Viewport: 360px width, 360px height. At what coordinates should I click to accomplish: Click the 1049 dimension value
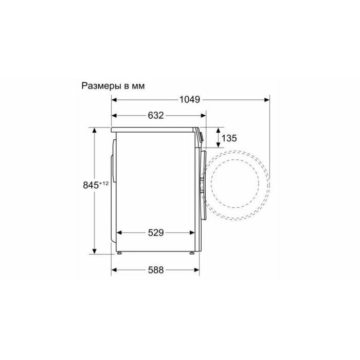pyautogui.click(x=190, y=100)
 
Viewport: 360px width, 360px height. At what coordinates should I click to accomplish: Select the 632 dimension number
pyautogui.click(x=156, y=115)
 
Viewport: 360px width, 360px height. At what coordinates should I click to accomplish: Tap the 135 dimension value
pyautogui.click(x=229, y=138)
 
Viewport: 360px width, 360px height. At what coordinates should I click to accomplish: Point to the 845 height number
pyautogui.click(x=91, y=185)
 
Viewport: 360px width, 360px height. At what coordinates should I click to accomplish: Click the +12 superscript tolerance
pyautogui.click(x=103, y=183)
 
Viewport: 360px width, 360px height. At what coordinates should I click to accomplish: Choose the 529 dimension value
pyautogui.click(x=156, y=233)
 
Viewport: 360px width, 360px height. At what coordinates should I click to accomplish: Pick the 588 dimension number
pyautogui.click(x=156, y=270)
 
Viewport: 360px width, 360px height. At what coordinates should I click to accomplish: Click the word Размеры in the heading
pyautogui.click(x=101, y=86)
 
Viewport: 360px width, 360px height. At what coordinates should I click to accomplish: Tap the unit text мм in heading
pyautogui.click(x=138, y=86)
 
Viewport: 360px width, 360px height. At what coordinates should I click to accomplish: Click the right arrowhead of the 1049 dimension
pyautogui.click(x=267, y=100)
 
